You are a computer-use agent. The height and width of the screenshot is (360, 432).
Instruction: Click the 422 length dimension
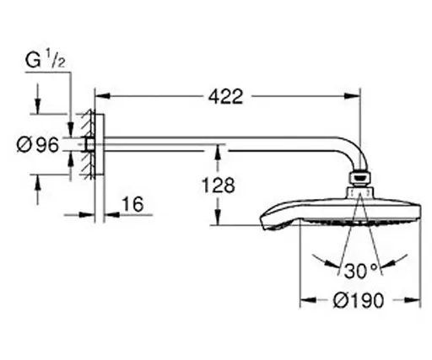click(225, 97)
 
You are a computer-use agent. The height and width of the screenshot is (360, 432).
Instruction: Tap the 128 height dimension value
click(219, 185)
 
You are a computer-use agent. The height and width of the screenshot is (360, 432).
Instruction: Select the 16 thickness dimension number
click(133, 204)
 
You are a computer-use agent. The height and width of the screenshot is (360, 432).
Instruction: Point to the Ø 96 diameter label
click(38, 145)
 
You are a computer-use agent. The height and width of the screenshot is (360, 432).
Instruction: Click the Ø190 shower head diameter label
click(359, 300)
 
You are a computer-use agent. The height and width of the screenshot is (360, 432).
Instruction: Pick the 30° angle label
click(360, 271)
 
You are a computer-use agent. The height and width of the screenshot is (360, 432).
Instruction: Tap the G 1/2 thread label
click(45, 61)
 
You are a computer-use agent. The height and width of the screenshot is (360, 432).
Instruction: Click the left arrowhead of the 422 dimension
click(102, 96)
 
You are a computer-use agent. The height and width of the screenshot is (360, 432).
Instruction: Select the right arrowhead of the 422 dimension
click(353, 96)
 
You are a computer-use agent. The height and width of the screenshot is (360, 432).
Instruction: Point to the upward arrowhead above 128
click(217, 152)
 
